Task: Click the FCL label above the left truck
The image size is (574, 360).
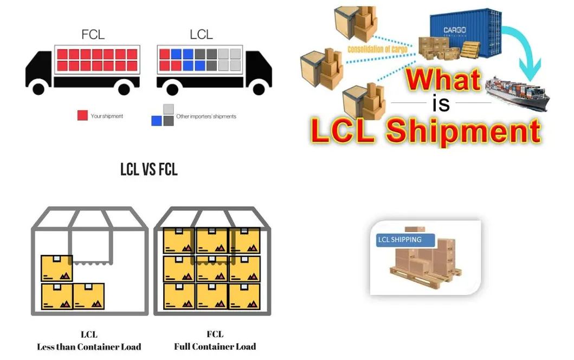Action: click(93, 35)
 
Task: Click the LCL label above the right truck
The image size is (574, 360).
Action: click(201, 35)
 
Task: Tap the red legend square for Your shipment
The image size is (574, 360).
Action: click(82, 115)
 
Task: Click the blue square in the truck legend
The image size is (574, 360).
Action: click(157, 120)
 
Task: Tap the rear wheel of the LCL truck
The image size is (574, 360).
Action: click(170, 87)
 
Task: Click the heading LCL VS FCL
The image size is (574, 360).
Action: click(149, 170)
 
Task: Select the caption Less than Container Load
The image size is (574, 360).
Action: click(89, 346)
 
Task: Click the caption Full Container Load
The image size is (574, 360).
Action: click(215, 346)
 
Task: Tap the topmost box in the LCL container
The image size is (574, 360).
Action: click(57, 268)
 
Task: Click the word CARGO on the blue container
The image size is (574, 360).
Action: click(454, 30)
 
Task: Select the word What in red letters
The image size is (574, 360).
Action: click(443, 80)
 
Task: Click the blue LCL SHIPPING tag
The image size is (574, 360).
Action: click(399, 240)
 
